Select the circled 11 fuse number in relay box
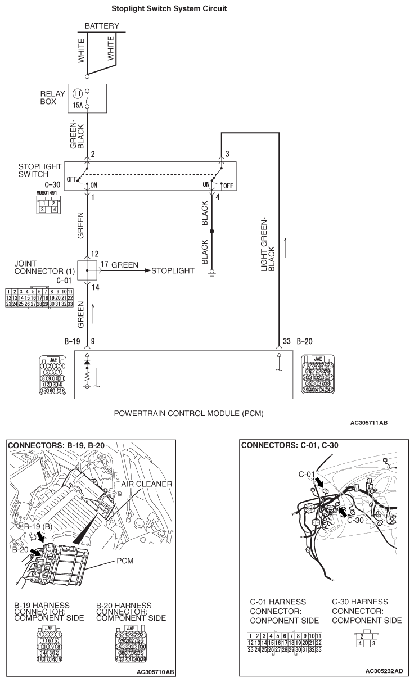click(x=78, y=94)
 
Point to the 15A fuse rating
click(x=78, y=105)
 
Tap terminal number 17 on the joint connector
click(x=105, y=263)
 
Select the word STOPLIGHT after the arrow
click(x=173, y=270)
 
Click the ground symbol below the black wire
click(x=211, y=276)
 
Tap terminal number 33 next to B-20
click(x=287, y=340)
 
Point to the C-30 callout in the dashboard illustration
click(x=355, y=520)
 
